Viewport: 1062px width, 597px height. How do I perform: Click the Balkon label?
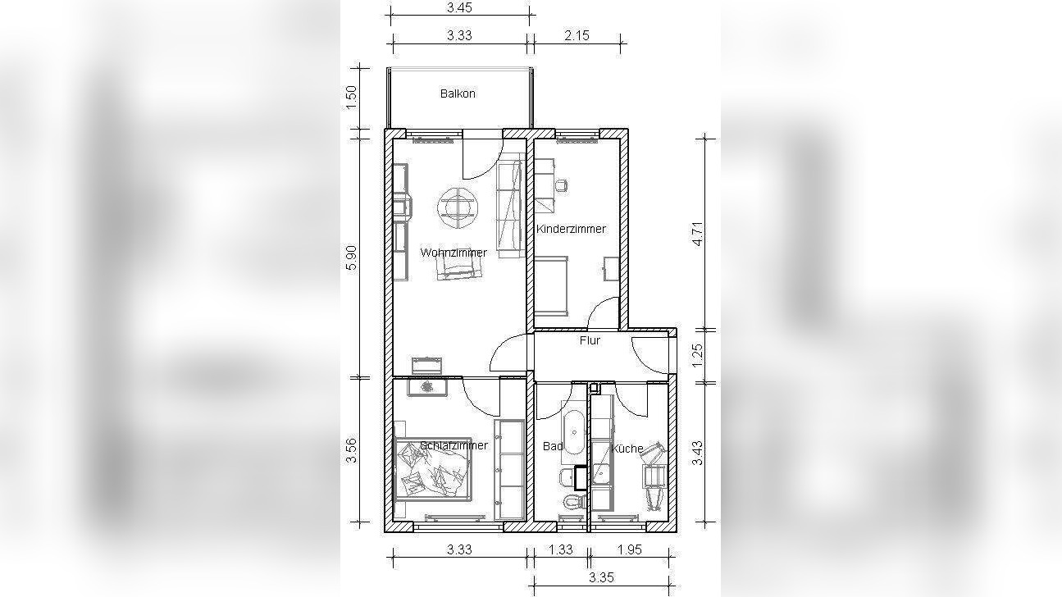tap(458, 93)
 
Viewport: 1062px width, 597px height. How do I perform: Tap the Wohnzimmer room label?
tap(454, 253)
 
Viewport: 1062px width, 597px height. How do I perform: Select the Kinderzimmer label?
tap(571, 229)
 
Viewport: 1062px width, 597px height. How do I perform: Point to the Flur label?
tap(590, 340)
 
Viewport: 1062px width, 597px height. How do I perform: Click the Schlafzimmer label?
tap(454, 445)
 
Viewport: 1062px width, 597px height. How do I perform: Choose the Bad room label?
tap(553, 446)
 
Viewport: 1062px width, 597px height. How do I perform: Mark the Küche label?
tap(627, 448)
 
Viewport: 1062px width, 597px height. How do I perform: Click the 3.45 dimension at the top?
tap(459, 7)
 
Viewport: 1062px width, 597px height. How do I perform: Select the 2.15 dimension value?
tap(577, 35)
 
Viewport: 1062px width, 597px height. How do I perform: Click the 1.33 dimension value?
tap(560, 549)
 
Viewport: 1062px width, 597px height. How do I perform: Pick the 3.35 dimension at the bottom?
tap(601, 577)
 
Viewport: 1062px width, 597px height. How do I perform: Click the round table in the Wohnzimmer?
tap(458, 207)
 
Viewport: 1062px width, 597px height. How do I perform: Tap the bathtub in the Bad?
tap(574, 433)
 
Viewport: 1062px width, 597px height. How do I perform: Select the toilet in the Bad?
tap(572, 501)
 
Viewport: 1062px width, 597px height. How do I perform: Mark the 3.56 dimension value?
tap(351, 450)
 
